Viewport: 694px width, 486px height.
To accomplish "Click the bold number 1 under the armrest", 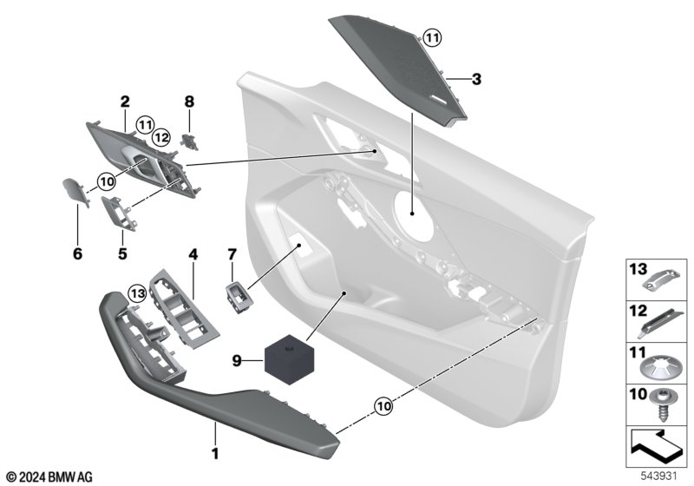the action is coord(215,454).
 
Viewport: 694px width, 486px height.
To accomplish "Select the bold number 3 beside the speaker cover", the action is coord(476,79).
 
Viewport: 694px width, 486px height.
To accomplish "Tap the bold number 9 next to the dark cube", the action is coord(237,361).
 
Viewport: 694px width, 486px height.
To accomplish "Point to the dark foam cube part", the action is coord(290,359).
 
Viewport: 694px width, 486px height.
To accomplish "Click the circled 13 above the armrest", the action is coord(137,293).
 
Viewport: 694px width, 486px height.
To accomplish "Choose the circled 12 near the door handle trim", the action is coord(160,138).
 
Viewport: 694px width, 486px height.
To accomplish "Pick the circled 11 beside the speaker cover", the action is coord(432,37).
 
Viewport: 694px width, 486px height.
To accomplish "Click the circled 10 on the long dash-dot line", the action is coord(383,406).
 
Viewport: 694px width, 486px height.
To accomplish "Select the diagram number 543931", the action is coord(659,476).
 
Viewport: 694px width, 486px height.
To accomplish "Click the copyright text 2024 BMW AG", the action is coord(50,477).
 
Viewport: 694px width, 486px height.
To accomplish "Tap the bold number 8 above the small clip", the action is coord(189,102).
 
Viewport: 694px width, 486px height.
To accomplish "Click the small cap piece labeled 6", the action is coord(75,191).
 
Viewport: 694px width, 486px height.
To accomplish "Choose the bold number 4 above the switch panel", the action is coord(193,254).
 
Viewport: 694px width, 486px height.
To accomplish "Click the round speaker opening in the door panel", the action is coord(414,216).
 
